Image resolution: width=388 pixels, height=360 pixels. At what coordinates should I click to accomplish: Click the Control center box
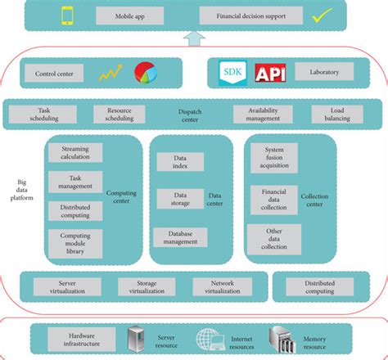point(56,73)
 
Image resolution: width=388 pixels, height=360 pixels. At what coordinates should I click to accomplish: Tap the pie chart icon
point(145,72)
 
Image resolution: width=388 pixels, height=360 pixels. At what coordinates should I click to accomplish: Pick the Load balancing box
point(344,115)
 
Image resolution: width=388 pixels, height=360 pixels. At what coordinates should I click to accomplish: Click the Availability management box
point(263,115)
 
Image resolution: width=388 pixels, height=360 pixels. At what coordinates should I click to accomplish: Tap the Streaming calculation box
point(75,153)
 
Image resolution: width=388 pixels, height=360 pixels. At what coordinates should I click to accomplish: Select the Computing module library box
point(75,241)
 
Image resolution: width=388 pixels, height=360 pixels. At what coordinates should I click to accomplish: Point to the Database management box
point(180,238)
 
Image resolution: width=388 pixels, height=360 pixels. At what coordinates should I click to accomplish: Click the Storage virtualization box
point(147,286)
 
